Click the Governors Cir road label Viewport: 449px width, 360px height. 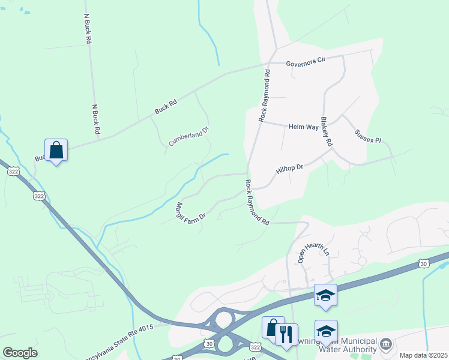306,61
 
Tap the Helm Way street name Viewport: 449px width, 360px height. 303,127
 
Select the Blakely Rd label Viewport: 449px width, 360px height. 326,133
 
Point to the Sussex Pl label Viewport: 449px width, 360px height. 367,136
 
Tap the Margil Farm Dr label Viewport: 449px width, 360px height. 190,211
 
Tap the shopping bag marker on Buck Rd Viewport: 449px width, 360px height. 56,150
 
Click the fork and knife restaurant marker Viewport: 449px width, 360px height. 286,334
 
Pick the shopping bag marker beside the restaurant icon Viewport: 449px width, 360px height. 273,328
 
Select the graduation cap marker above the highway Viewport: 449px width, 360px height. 325,295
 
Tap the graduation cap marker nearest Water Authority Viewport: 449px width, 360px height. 326,331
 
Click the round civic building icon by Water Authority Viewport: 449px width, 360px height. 385,344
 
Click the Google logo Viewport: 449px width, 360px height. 20,353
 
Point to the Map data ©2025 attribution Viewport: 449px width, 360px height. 423,355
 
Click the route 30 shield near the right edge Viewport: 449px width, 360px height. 424,263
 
